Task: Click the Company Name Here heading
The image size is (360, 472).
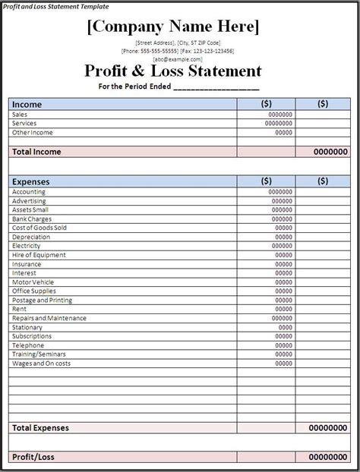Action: (x=174, y=28)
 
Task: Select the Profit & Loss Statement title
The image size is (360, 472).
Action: (x=174, y=72)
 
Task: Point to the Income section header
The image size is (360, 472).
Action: (x=27, y=104)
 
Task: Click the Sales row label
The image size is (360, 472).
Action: (x=20, y=114)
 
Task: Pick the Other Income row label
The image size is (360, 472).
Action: (x=32, y=132)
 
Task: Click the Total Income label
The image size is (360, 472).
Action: (x=36, y=152)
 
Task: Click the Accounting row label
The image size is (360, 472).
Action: (x=29, y=192)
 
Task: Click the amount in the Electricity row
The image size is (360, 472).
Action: (x=283, y=246)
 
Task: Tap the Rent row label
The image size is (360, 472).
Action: (x=19, y=309)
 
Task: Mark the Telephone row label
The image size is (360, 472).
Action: (x=29, y=345)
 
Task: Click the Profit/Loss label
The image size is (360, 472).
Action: (x=33, y=457)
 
